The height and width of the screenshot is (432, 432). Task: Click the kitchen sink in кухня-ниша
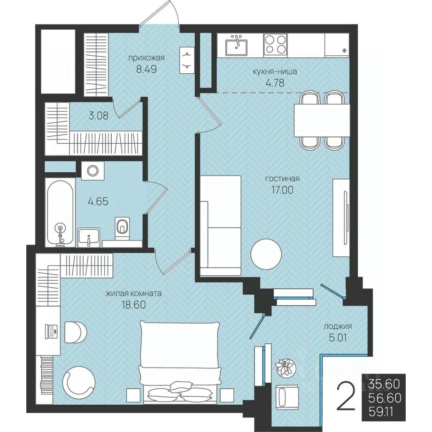point(237,46)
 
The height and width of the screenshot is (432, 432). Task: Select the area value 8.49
point(147,69)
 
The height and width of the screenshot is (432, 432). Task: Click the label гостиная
point(282,178)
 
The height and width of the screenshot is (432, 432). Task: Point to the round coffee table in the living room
point(266,254)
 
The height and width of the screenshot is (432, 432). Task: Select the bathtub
point(60,212)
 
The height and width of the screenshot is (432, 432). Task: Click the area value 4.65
point(98,201)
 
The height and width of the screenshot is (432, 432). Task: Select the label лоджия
point(338,326)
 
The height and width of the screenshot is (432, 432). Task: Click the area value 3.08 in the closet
point(98,116)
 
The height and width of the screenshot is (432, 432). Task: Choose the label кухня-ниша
point(275,72)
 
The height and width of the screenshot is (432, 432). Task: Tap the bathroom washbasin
point(89,237)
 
